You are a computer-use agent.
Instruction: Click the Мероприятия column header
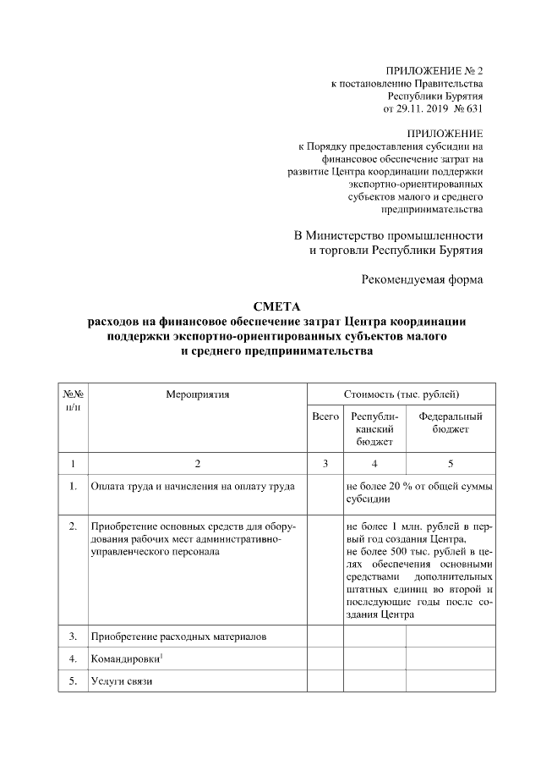pyautogui.click(x=198, y=394)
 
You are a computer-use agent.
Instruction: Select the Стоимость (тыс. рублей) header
pyautogui.click(x=402, y=394)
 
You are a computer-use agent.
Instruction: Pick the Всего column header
pyautogui.click(x=325, y=417)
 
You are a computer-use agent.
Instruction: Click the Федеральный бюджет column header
pyautogui.click(x=451, y=423)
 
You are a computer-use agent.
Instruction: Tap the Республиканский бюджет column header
pyautogui.click(x=374, y=429)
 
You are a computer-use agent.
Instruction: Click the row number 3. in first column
pyautogui.click(x=73, y=636)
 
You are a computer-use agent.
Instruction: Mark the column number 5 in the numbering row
pyautogui.click(x=451, y=463)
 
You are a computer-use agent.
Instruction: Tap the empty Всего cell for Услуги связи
pyautogui.click(x=325, y=681)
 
